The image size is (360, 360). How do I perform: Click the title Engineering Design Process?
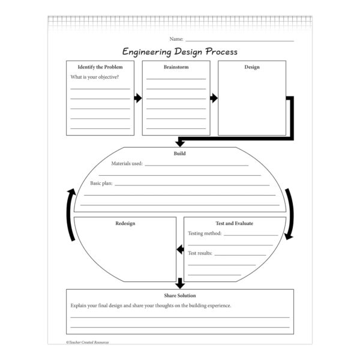(x=180, y=52)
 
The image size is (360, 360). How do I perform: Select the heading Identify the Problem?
(x=100, y=67)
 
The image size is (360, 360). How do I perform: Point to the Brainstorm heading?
(x=176, y=67)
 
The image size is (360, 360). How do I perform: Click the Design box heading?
(x=252, y=67)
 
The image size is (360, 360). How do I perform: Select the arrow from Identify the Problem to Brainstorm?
(x=138, y=98)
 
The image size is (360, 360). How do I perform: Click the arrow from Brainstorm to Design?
(x=213, y=98)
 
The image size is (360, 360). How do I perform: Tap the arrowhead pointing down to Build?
(x=179, y=143)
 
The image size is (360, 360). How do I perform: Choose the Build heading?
(x=179, y=154)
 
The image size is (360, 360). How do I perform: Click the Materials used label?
(x=127, y=163)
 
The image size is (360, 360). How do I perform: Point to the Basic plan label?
(x=101, y=183)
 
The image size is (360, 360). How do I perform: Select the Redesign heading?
(x=125, y=223)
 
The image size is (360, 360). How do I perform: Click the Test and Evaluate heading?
(x=235, y=223)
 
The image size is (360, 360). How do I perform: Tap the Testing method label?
(x=205, y=233)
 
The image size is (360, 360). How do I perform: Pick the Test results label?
(x=200, y=253)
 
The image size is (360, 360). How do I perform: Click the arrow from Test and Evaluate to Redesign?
(x=179, y=248)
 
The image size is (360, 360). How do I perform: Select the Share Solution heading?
(x=180, y=295)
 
